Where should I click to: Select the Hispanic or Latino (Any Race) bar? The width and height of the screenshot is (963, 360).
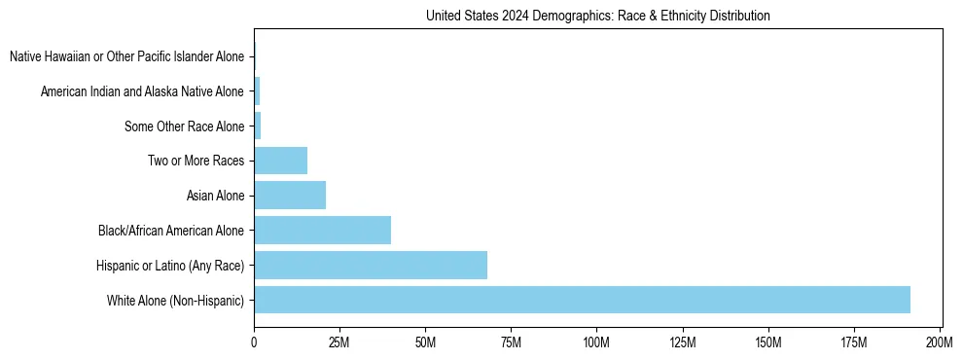tap(371, 265)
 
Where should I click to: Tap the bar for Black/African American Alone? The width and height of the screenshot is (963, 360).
tap(322, 231)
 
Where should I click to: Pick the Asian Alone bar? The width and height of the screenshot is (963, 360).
tap(290, 196)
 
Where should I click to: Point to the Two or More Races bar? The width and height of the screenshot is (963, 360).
tap(280, 161)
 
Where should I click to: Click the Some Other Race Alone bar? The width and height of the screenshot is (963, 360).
tap(258, 126)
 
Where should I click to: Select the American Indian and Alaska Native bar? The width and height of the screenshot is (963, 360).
tap(257, 91)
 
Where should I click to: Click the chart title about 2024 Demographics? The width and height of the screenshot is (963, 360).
tap(598, 16)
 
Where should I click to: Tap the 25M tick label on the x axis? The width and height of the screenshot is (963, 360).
tap(339, 342)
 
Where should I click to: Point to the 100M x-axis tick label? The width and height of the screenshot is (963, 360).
tap(596, 342)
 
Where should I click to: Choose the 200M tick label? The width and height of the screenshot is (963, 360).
tap(940, 342)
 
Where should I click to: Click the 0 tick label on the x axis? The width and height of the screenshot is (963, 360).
tap(254, 342)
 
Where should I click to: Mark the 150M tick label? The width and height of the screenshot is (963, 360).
tap(768, 342)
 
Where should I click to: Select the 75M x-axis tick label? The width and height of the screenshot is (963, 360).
tap(511, 342)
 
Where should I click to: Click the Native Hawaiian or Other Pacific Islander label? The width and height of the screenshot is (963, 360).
tap(126, 56)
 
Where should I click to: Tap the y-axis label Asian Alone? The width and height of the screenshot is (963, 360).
tap(215, 196)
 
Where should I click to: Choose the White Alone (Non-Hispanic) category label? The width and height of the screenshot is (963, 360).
tap(176, 300)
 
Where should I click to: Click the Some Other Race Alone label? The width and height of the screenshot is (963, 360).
tap(185, 126)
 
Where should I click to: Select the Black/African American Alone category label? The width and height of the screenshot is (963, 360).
tap(171, 231)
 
